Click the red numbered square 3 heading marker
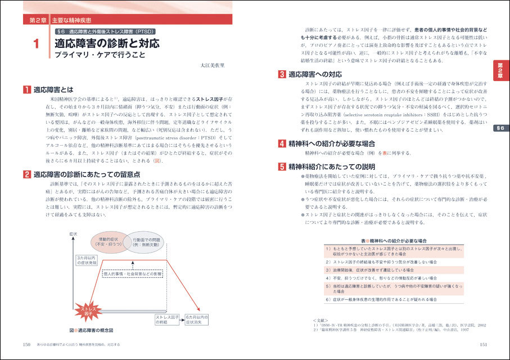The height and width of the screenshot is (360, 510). click(282, 74)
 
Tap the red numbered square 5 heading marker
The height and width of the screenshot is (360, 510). click(282, 166)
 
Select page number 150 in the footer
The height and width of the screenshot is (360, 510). click(26, 345)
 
